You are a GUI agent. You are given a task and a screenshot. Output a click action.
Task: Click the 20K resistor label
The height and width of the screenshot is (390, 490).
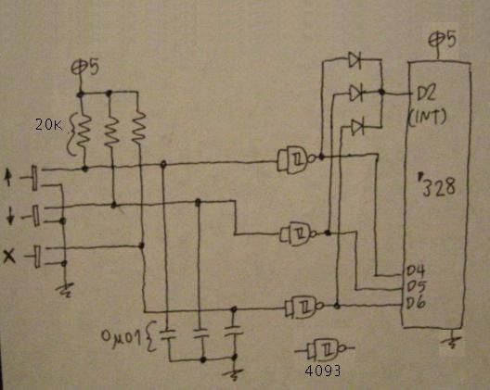[x=48, y=125]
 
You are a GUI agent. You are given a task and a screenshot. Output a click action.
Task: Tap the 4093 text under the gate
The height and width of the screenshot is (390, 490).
[x=323, y=371]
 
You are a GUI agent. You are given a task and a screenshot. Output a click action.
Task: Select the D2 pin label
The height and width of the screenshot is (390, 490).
[x=426, y=93]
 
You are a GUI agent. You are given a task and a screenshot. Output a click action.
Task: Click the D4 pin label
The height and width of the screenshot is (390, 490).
[x=416, y=271]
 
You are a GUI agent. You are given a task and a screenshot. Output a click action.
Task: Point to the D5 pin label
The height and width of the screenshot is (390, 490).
[x=417, y=287]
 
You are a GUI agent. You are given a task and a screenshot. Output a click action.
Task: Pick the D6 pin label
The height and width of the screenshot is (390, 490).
[x=416, y=302]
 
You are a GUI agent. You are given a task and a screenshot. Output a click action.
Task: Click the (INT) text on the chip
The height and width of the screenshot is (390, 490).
[x=428, y=118]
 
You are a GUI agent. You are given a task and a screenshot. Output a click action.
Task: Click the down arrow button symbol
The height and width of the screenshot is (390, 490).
[x=10, y=216]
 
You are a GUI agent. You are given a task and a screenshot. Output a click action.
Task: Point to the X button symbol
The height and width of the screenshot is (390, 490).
[x=9, y=256]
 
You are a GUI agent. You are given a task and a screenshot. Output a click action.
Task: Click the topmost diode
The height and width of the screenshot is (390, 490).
[x=355, y=59]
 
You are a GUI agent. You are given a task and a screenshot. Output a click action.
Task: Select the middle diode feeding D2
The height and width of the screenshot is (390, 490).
[x=356, y=93]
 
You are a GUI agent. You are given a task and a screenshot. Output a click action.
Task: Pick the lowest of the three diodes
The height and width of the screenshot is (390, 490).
[x=358, y=127]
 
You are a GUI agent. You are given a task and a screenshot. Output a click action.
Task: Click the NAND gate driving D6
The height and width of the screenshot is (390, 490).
[x=304, y=307]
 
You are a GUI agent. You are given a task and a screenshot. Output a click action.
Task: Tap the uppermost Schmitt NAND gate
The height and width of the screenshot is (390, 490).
[x=297, y=158]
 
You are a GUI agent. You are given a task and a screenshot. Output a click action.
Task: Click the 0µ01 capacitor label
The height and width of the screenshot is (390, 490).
[x=121, y=336]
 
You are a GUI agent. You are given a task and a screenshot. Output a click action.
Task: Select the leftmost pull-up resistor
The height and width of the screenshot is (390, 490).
[x=84, y=132]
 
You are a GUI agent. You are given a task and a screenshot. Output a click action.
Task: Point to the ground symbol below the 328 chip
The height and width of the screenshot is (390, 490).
[x=452, y=340]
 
